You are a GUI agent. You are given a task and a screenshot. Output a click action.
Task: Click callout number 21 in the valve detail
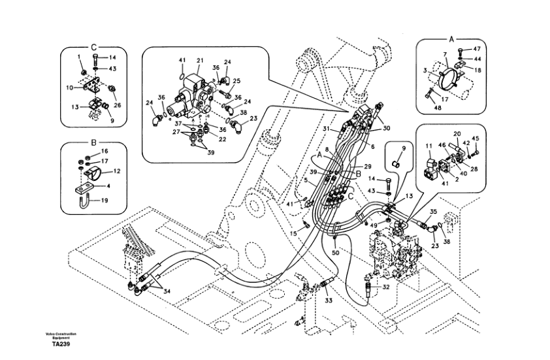[x=199, y=61]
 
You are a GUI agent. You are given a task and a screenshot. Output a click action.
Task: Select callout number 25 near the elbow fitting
[x=236, y=81]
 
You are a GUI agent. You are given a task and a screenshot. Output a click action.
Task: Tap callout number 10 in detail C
[x=70, y=87]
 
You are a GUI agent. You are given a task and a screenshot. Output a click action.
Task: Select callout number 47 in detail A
[x=476, y=48]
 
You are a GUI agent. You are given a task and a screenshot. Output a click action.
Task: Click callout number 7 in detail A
[x=444, y=56]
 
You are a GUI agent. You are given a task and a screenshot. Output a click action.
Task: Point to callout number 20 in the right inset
[x=457, y=133]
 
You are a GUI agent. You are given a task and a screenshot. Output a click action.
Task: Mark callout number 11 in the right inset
[x=429, y=145]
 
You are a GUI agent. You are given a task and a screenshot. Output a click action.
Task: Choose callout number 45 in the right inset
[x=476, y=138]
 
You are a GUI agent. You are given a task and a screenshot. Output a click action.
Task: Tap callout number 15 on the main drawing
[x=294, y=233]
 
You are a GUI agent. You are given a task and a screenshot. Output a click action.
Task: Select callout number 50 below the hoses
[x=335, y=252]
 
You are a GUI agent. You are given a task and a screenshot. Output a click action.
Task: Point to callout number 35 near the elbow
[x=432, y=211]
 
